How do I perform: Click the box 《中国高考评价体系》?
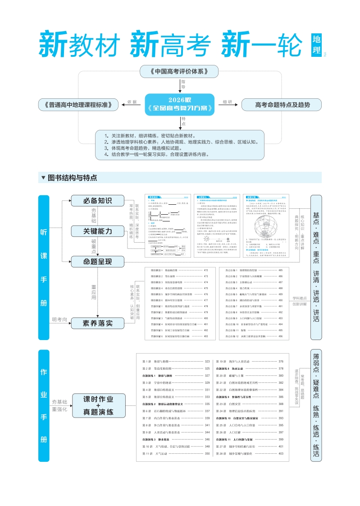[178, 71]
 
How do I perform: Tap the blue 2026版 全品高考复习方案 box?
[180, 105]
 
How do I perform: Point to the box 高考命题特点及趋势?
[282, 105]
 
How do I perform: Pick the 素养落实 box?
[97, 323]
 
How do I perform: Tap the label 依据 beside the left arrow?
[132, 102]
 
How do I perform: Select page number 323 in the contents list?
[207, 362]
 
